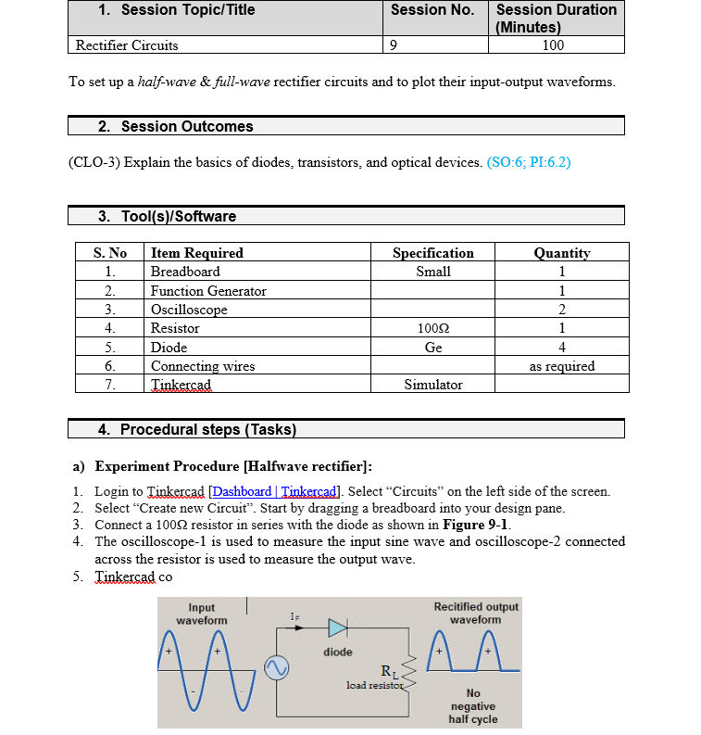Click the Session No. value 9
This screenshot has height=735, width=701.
[x=395, y=44]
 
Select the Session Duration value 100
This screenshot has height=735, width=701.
[x=553, y=44]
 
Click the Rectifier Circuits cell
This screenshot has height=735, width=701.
[x=127, y=44]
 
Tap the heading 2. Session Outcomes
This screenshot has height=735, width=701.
[x=175, y=126]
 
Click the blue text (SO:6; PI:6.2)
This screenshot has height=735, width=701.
[x=528, y=162]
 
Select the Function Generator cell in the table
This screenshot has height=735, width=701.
[x=208, y=291]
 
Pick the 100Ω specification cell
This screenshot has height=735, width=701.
[x=432, y=328]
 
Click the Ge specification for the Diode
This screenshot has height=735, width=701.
[x=432, y=348]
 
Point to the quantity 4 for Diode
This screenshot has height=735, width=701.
[x=562, y=348]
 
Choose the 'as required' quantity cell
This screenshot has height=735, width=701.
[x=562, y=366]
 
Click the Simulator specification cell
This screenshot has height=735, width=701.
[x=432, y=385]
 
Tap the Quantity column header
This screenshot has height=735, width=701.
[x=562, y=253]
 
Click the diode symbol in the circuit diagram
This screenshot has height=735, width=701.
[x=337, y=629]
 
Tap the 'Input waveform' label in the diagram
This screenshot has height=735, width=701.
[x=201, y=614]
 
